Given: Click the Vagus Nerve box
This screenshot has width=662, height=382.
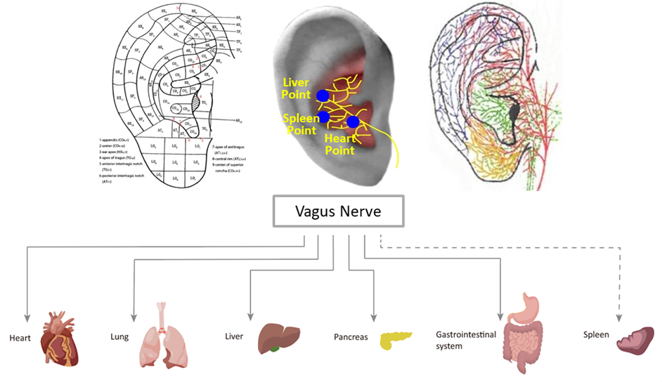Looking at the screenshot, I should coord(338,211).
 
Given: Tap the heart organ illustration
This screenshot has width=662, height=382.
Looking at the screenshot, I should coord(59,340).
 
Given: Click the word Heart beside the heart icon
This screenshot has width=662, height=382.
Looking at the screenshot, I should coord(20,338).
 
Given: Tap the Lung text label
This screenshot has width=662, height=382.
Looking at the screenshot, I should coord(119,337).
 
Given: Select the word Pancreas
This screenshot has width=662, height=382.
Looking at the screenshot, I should coord(351,338).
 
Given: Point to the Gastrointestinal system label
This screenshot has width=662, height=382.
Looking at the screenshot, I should coord(459,341).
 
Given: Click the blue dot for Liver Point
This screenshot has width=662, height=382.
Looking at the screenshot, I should coord(322,95).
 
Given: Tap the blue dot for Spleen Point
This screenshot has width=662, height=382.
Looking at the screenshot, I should coord(323,116).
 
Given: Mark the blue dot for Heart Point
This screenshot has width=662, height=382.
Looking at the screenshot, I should coord(353,122).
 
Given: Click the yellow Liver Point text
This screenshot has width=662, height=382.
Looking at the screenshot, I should coord(295,88).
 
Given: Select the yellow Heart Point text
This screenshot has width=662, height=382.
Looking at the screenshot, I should coord(341,145).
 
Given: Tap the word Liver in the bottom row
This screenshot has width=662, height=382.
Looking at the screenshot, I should coord(234,336).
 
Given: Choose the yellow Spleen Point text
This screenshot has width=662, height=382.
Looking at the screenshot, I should coord(298,125).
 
